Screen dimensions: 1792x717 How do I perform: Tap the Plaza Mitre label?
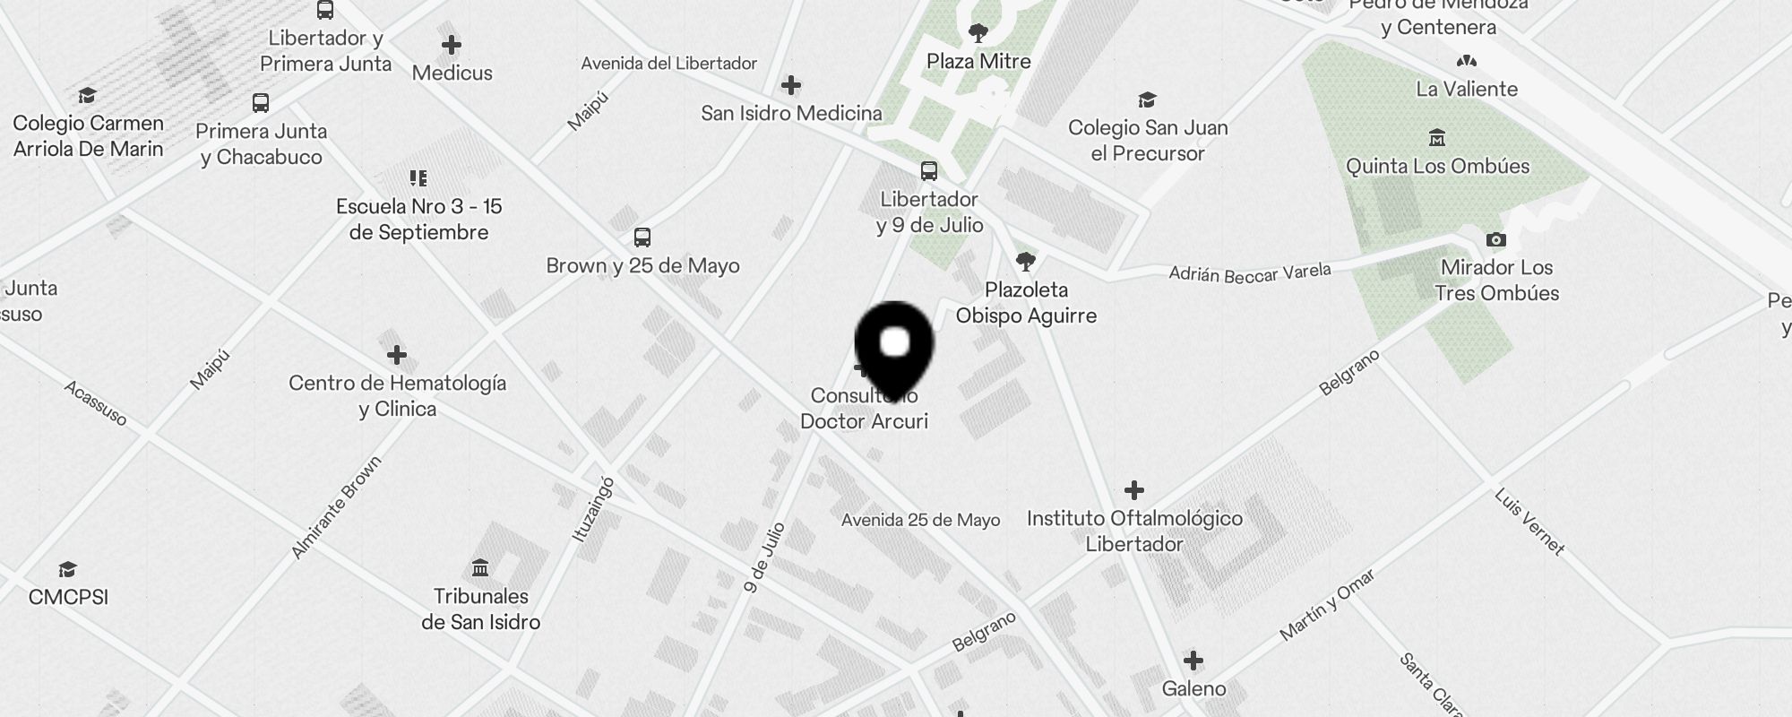(978, 62)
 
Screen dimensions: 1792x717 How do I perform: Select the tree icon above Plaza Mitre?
(978, 34)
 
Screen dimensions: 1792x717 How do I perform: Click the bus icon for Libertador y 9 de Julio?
(929, 171)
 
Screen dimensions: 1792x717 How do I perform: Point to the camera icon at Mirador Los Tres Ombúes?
(1496, 239)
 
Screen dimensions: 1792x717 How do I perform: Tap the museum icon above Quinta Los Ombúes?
(1437, 138)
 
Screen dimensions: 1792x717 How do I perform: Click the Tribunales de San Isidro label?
(481, 609)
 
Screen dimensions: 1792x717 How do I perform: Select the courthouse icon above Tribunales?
(480, 568)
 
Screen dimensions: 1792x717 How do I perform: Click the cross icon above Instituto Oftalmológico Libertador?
(1134, 490)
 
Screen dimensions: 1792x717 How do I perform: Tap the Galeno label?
(1193, 688)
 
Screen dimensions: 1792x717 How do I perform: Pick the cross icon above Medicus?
(452, 45)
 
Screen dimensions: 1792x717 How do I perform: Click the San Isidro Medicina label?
(791, 114)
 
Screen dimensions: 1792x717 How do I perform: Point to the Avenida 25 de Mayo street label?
(920, 520)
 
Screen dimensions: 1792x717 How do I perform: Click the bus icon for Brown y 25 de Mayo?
(642, 238)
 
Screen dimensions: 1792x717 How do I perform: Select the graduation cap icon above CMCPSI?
(67, 570)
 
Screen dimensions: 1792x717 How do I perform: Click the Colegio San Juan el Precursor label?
(1148, 141)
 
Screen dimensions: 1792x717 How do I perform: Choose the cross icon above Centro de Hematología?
(397, 356)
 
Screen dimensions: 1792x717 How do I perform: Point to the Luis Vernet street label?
(1529, 522)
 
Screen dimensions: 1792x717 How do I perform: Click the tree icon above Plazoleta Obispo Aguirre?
(1026, 262)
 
